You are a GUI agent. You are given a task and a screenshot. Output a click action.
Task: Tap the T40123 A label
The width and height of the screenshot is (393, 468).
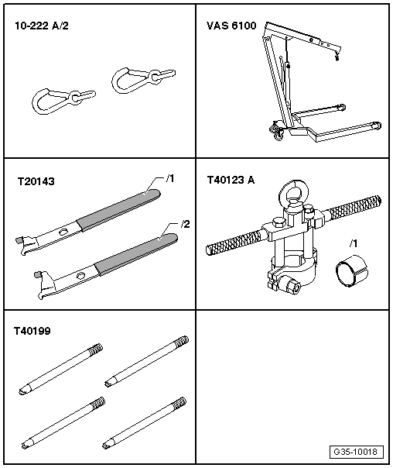click(x=232, y=180)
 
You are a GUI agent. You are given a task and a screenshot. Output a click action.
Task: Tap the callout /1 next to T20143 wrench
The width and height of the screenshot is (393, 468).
click(x=171, y=179)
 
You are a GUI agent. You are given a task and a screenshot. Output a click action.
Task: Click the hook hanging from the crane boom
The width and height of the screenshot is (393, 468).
click(x=336, y=54)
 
